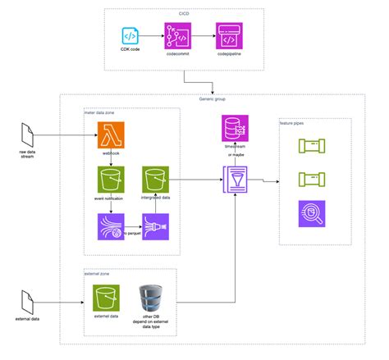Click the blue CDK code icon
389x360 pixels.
[x=130, y=36]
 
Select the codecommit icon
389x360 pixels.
[x=178, y=37]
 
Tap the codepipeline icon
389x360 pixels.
[x=227, y=37]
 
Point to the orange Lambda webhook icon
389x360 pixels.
[x=111, y=133]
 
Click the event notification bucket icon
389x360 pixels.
[x=111, y=179]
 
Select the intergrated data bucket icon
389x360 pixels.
[x=154, y=179]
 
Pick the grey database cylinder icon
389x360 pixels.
[x=150, y=298]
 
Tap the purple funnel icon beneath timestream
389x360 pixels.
[x=236, y=180]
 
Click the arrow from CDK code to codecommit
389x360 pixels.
[x=153, y=37]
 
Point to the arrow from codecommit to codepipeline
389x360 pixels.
[x=203, y=37]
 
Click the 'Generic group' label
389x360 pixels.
[x=212, y=98]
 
